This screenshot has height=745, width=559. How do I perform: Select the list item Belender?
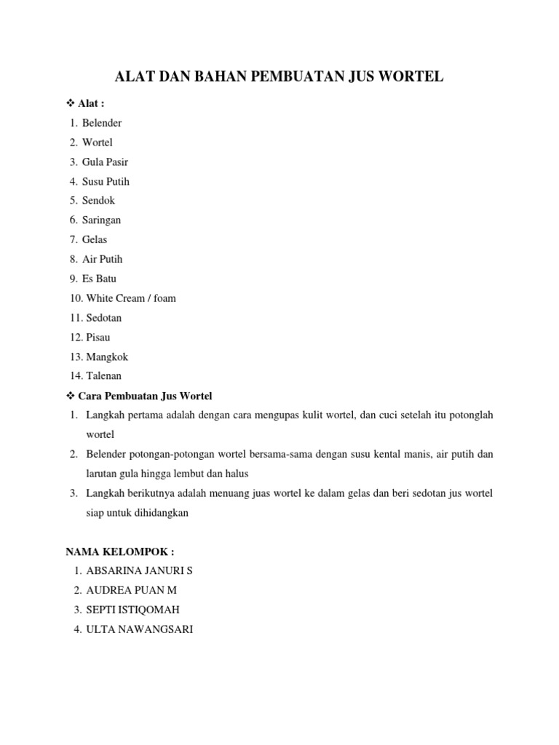(x=102, y=123)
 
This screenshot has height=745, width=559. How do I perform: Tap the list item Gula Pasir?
(x=105, y=162)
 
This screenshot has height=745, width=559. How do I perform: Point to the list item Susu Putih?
(x=106, y=181)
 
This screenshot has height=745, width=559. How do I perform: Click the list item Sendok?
(x=98, y=200)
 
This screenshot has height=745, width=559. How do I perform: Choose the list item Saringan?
(x=101, y=220)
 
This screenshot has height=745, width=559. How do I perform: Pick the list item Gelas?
(x=95, y=239)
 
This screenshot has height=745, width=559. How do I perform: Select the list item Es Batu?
(x=99, y=279)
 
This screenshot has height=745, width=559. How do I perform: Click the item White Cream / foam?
(x=131, y=298)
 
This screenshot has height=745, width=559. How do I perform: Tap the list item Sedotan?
(x=104, y=318)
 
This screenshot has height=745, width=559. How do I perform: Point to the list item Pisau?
(x=98, y=338)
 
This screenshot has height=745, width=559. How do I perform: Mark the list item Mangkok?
(x=107, y=357)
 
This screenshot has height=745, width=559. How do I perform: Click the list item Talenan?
(x=104, y=376)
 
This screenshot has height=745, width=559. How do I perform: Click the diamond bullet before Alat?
(x=60, y=104)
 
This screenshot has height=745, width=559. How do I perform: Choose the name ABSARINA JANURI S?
(x=139, y=570)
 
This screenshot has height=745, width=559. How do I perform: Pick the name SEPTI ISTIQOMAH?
(x=132, y=610)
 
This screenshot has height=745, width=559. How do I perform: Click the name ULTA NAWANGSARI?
(x=139, y=629)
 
